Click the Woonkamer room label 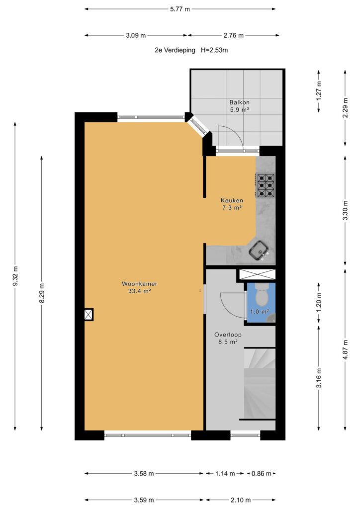click(x=140, y=284)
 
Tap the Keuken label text click(x=232, y=200)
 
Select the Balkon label click(x=240, y=102)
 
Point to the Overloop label click(x=228, y=335)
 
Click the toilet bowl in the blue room click(x=261, y=293)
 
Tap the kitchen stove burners click(x=266, y=186)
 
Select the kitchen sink click(x=259, y=251)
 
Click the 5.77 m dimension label click(x=180, y=9)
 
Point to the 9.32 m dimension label click(x=15, y=276)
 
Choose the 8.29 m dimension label click(x=42, y=293)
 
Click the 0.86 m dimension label click(x=262, y=474)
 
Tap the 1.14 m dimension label click(x=225, y=474)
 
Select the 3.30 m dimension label click(x=346, y=210)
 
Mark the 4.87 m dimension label click(x=346, y=349)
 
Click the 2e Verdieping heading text click(x=175, y=50)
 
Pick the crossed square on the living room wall click(x=89, y=315)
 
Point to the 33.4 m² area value click(x=140, y=291)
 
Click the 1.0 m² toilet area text click(x=260, y=312)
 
